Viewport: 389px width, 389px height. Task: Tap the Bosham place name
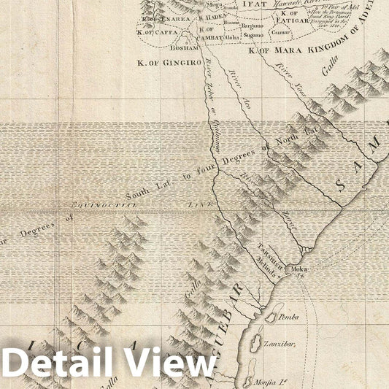coord(183,47)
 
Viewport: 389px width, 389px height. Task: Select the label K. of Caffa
coord(151,32)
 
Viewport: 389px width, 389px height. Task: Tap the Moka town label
coord(299,269)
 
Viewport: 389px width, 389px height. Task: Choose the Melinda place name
coord(267,272)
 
